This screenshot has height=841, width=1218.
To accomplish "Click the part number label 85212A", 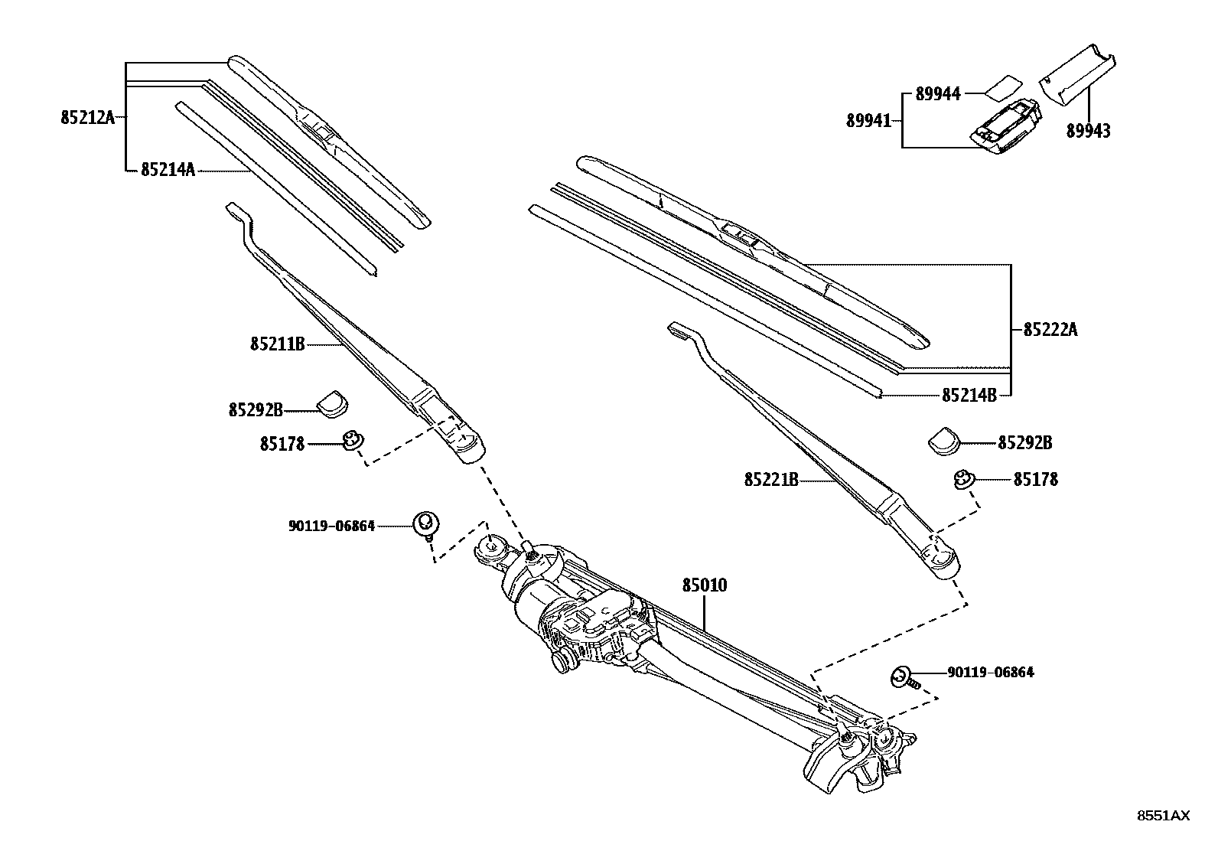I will (x=86, y=118).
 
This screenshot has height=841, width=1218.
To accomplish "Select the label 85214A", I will (x=168, y=170).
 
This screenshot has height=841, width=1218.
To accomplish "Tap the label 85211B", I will (x=277, y=344).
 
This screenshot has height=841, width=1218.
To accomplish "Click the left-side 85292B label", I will (x=256, y=410).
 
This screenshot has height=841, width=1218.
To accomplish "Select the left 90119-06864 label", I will (x=331, y=526).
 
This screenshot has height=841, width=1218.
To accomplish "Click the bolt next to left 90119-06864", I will (x=426, y=525).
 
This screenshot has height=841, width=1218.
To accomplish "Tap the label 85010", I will (x=705, y=585).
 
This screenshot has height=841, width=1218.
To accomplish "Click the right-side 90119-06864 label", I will (x=990, y=673).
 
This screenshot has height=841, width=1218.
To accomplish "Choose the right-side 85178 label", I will (x=1035, y=480).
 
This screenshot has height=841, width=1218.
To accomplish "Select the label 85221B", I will (x=771, y=480).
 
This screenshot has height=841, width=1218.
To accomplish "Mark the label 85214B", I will (x=969, y=395).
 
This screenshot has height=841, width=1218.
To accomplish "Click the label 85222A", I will (x=1050, y=330).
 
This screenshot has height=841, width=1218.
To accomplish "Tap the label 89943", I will (x=1088, y=132).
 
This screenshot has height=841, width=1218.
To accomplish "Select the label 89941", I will (x=868, y=120).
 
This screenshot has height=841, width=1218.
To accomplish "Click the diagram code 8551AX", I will (x=1162, y=816).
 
